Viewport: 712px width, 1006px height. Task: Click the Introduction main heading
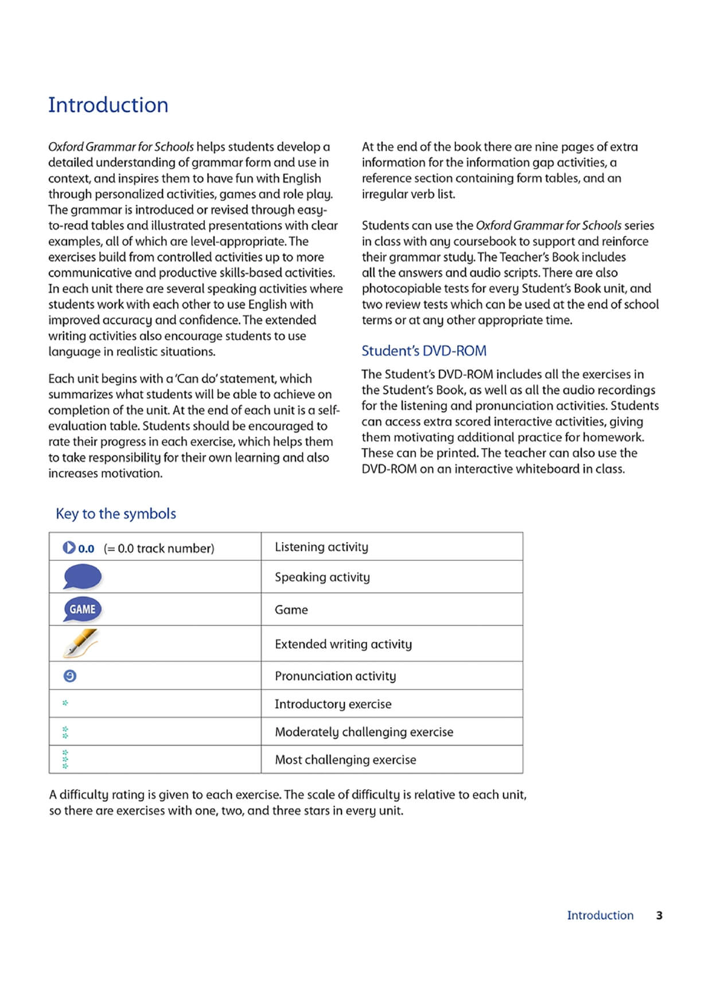click(108, 105)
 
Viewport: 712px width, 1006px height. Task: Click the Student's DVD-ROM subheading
click(423, 350)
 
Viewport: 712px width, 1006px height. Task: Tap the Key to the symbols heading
click(115, 513)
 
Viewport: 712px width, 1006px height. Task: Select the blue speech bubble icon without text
click(82, 576)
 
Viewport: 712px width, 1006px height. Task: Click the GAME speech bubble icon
click(82, 609)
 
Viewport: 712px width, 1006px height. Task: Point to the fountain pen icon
click(80, 643)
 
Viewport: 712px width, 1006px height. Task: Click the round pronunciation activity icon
click(69, 676)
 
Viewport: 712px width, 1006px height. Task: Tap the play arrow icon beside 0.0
click(69, 548)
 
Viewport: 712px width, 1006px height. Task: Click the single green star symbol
click(65, 703)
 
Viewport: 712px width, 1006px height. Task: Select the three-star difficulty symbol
click(65, 759)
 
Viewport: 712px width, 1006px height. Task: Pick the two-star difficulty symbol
click(65, 732)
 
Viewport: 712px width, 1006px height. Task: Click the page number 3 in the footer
click(659, 915)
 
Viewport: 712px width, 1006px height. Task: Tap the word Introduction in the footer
click(600, 915)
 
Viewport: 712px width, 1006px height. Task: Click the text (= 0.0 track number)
click(159, 548)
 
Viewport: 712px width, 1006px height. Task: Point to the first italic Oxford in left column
click(65, 147)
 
